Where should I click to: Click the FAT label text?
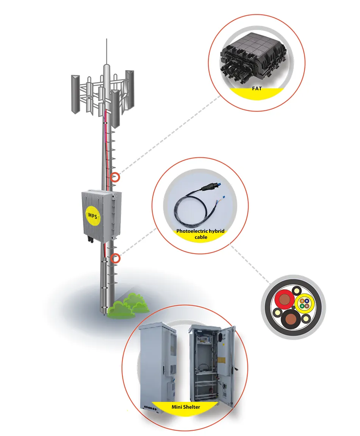[x=257, y=88]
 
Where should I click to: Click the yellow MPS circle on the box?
[x=92, y=216]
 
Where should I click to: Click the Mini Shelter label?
[x=186, y=407]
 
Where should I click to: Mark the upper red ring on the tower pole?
[x=115, y=177]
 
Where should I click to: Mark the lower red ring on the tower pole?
[x=115, y=258]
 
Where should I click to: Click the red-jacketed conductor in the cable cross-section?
[x=285, y=299]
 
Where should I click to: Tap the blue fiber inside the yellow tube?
[x=307, y=301]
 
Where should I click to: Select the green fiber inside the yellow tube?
[x=302, y=306]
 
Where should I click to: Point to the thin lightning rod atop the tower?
[x=106, y=52]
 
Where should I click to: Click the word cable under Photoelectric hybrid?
[x=201, y=237]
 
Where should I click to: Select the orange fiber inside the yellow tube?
[x=302, y=301]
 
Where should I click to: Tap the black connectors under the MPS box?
[x=91, y=239]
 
